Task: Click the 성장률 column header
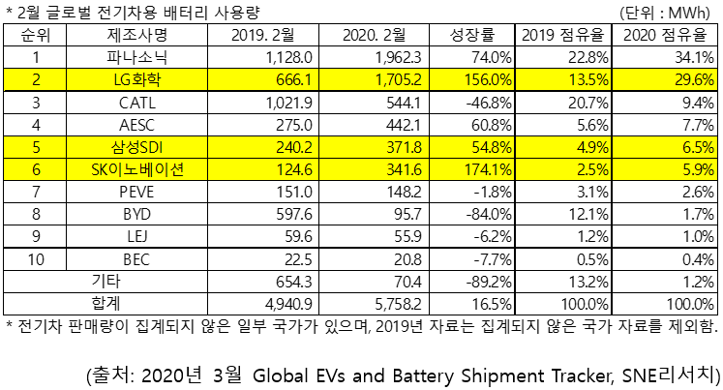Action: click(470, 36)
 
